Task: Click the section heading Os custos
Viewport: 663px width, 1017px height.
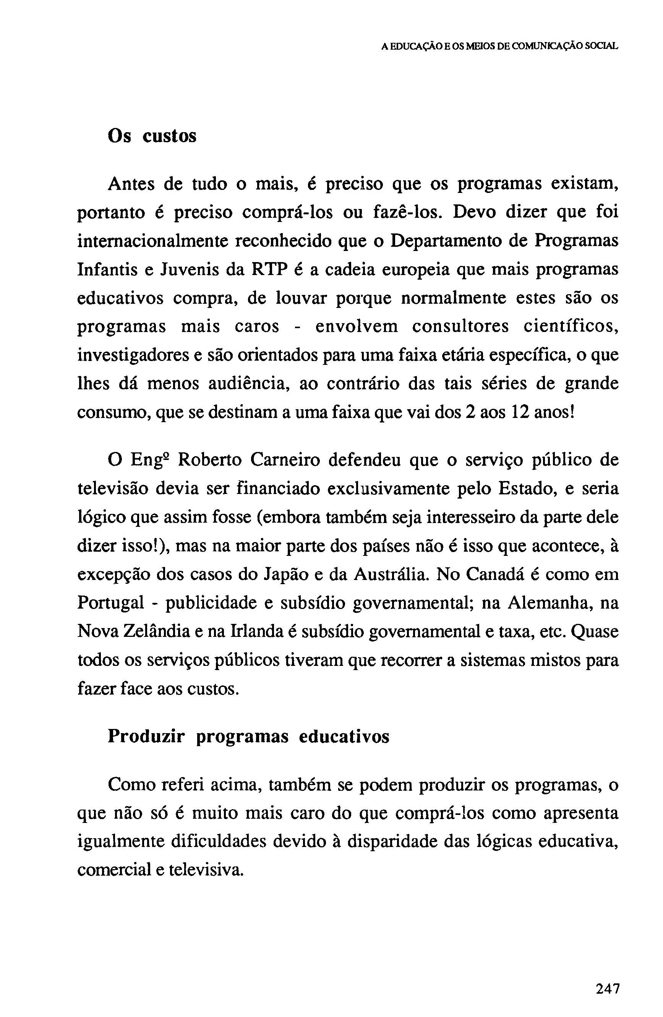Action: coord(152,136)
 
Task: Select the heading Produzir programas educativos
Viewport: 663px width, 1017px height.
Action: coord(248,736)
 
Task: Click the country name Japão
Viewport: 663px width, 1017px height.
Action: coord(285,574)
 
